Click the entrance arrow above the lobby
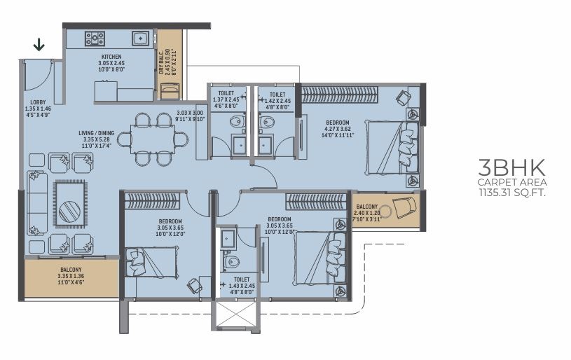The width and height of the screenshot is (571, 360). click(39, 45)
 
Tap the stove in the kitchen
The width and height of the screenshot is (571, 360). click(95, 39)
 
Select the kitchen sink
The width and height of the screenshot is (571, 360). click(140, 39)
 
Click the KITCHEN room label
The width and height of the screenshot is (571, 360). click(111, 57)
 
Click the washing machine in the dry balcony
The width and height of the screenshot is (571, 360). click(170, 90)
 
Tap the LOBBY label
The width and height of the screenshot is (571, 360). click(38, 102)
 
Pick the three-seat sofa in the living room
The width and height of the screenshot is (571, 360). click(37, 203)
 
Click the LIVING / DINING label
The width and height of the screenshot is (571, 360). click(97, 133)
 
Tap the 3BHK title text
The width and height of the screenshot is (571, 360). click(512, 167)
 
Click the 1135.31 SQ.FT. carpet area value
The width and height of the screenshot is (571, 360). click(512, 193)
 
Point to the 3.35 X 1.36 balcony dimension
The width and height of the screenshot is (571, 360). click(71, 276)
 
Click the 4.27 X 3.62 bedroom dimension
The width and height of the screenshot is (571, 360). click(338, 129)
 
